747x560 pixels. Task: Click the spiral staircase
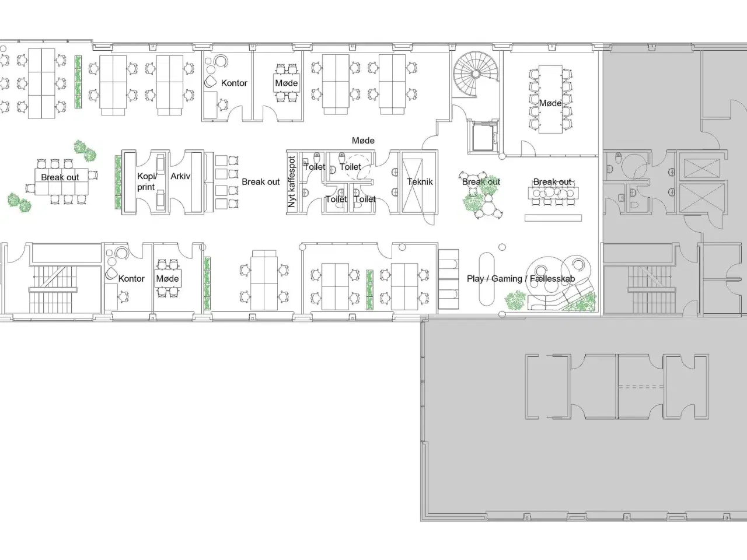pos(476,74)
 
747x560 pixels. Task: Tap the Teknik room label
pos(420,182)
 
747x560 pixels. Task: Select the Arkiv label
pos(180,176)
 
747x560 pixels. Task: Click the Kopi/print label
pos(146,181)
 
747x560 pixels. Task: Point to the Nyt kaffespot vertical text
pos(292,182)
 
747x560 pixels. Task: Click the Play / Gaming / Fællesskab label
pos(521,279)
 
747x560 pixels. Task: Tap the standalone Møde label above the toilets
pos(363,141)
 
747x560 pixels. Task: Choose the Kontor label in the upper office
pos(234,83)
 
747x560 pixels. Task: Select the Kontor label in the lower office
pos(131,279)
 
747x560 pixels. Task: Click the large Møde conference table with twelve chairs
pos(550,99)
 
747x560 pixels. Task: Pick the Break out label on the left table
pos(60,177)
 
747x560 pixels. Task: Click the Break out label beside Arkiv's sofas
pos(261,182)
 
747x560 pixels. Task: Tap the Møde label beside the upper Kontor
pos(287,83)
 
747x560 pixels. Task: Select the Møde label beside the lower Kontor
pos(167,279)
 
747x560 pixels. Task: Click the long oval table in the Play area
pos(486,279)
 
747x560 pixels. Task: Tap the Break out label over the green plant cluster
pos(481,182)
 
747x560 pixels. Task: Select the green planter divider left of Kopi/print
pos(118,182)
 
